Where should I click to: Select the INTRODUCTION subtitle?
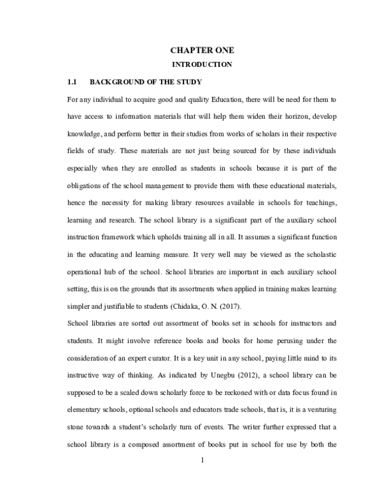[x=201, y=65]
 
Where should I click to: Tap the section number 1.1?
[x=72, y=83]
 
